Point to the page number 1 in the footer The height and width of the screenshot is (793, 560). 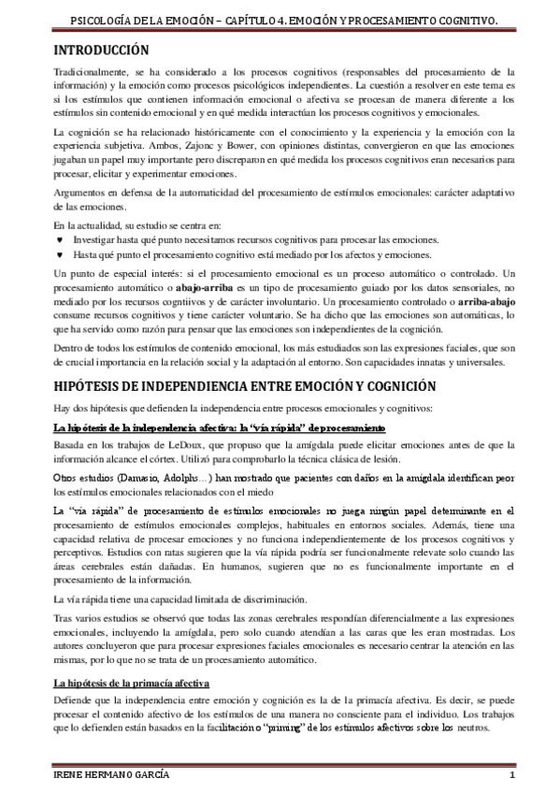coord(511,778)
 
